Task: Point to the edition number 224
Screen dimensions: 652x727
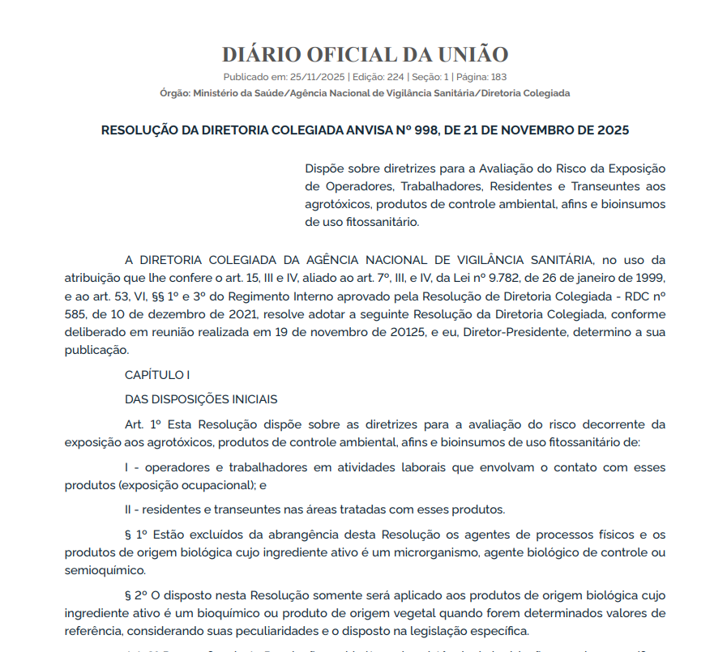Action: click(396, 77)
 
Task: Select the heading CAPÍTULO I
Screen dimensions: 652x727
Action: click(157, 375)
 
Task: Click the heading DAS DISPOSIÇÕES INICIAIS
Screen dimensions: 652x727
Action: click(201, 399)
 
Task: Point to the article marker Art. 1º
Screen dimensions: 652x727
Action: click(144, 424)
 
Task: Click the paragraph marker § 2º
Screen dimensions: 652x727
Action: click(138, 595)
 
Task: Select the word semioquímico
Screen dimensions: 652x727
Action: click(102, 570)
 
